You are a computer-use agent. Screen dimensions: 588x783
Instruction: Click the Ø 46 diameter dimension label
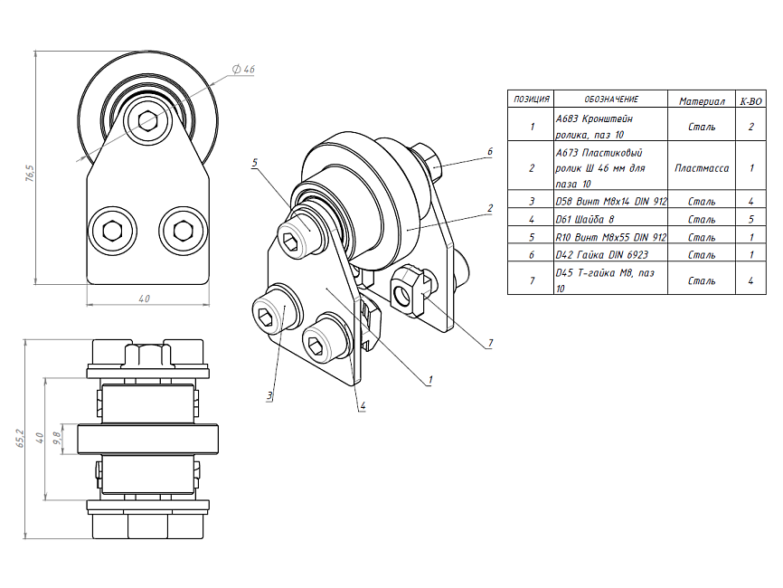click(243, 70)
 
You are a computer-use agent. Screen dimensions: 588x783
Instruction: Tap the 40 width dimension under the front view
click(144, 298)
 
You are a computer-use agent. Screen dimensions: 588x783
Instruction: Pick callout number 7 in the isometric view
click(489, 343)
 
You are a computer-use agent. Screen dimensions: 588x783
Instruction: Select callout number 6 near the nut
click(489, 152)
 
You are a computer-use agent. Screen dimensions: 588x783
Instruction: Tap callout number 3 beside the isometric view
click(269, 396)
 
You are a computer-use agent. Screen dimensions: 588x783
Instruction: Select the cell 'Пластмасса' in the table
click(702, 167)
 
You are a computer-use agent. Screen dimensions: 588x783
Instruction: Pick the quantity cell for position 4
click(751, 219)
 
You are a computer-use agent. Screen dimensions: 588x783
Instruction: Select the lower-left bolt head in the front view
click(112, 229)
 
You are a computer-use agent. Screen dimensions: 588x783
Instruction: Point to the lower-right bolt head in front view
click(177, 229)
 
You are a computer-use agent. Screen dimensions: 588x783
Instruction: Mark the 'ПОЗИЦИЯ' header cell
click(531, 100)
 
